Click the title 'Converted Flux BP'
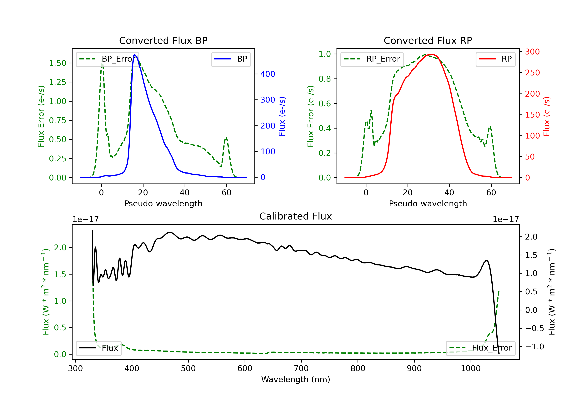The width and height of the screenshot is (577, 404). click(x=163, y=40)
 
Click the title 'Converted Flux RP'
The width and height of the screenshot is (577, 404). click(x=428, y=40)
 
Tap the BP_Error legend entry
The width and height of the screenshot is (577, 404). click(x=107, y=59)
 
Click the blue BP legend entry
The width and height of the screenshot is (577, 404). click(x=231, y=59)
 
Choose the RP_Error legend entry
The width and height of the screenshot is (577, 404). click(x=372, y=59)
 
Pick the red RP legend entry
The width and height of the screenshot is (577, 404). click(x=495, y=59)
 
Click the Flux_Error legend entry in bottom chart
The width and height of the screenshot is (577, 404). click(x=480, y=348)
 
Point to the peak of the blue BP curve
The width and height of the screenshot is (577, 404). click(x=135, y=55)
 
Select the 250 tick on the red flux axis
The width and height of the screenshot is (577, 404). click(x=532, y=73)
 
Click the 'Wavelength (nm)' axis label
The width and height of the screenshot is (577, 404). click(x=296, y=379)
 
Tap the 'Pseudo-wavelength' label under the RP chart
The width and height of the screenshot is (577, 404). click(x=428, y=203)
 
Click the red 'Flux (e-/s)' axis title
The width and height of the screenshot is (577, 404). click(x=547, y=116)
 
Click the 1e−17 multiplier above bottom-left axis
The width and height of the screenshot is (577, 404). click(x=85, y=220)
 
